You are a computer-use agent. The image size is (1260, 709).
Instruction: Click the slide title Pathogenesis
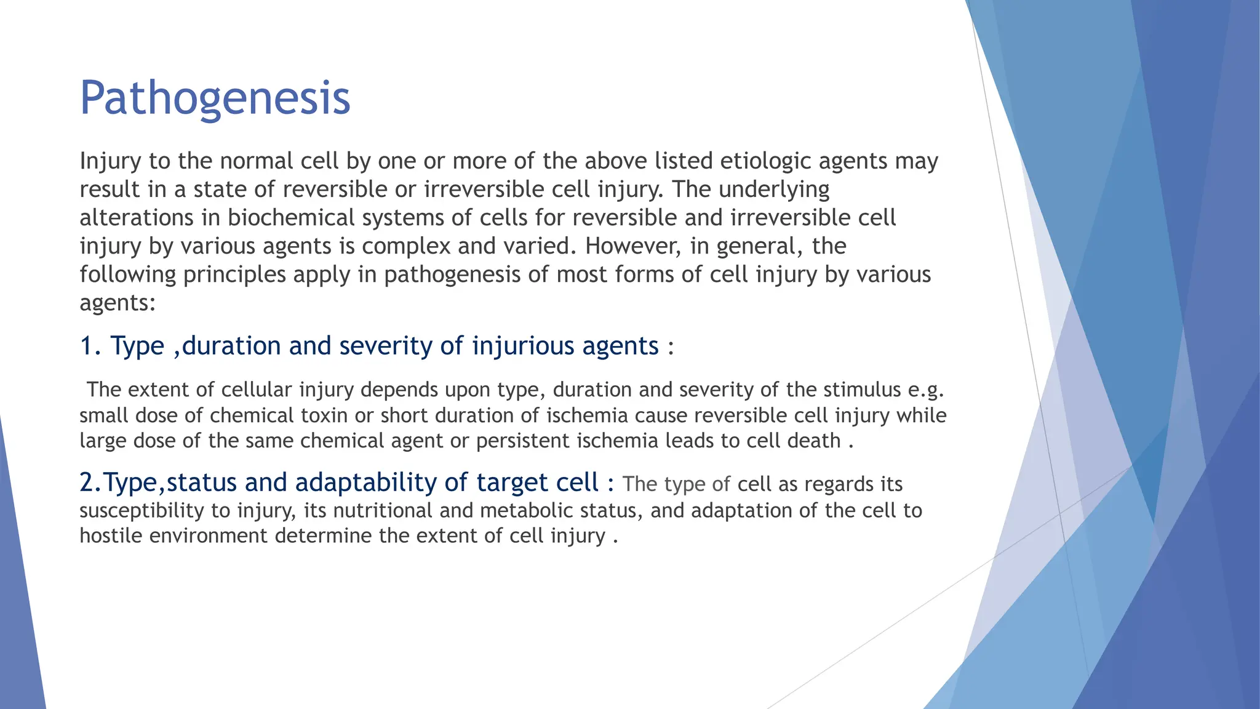click(x=215, y=98)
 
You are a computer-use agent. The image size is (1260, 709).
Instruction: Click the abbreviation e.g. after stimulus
click(x=926, y=390)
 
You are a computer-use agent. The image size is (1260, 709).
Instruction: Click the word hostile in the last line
click(x=111, y=536)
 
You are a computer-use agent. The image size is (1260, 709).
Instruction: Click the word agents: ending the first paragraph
click(x=118, y=303)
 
